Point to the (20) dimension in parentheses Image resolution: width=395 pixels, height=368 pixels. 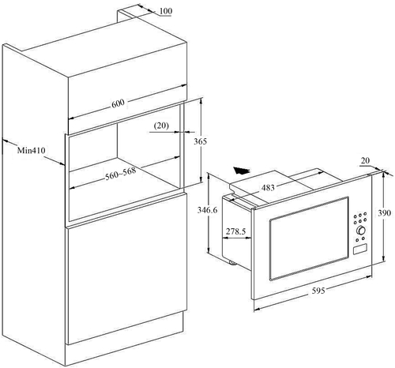pyautogui.click(x=161, y=125)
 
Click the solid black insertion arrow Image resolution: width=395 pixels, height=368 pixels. pyautogui.click(x=246, y=169)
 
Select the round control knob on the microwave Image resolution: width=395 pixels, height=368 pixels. pyautogui.click(x=362, y=231)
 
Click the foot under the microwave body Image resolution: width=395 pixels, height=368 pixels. pyautogui.click(x=230, y=259)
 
